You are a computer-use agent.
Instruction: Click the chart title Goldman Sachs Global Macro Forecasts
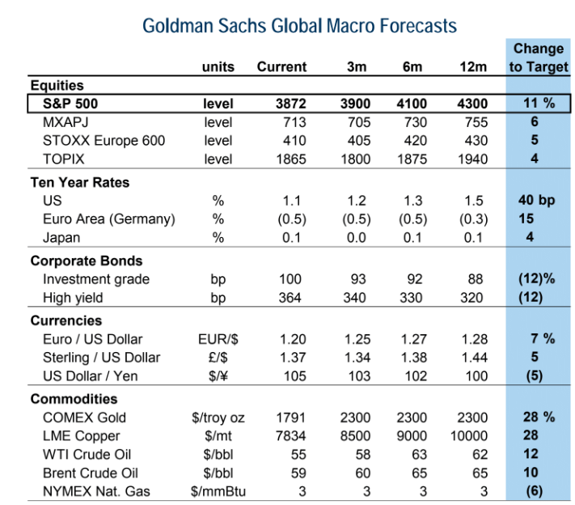(x=299, y=26)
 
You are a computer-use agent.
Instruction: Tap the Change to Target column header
(x=539, y=57)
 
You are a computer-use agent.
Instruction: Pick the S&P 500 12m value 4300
(x=473, y=104)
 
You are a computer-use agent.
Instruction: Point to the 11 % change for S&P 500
(x=537, y=104)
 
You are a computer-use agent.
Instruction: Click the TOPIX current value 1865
(x=290, y=159)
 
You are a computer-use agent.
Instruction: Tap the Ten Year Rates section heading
(x=79, y=183)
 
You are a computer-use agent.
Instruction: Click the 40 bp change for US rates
(x=537, y=201)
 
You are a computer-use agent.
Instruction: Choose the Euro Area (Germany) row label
(x=109, y=219)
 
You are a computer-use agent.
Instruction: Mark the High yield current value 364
(x=290, y=297)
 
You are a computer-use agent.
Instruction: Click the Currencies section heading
(x=66, y=321)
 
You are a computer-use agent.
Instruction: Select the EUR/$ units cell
(x=218, y=339)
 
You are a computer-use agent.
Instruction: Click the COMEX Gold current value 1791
(x=290, y=418)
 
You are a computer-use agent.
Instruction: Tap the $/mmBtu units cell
(x=218, y=490)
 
